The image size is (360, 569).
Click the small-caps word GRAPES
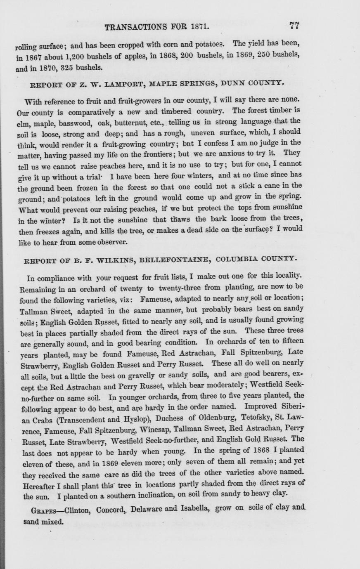[45, 511]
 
